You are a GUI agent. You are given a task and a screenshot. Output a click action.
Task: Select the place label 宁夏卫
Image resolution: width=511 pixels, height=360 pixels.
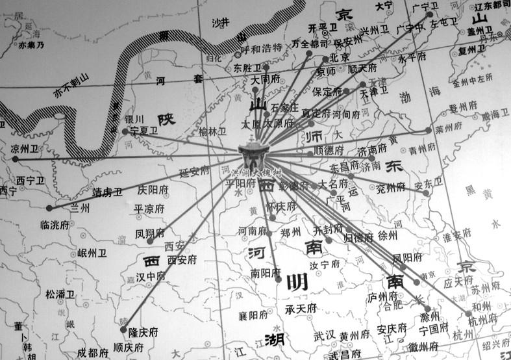click(144, 130)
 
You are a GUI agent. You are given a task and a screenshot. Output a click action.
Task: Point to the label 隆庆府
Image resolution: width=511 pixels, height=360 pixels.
click(143, 331)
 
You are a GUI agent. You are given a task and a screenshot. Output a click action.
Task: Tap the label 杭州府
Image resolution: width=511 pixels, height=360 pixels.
click(484, 319)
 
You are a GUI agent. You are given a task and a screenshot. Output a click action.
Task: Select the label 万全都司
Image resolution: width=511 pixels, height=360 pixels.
click(310, 44)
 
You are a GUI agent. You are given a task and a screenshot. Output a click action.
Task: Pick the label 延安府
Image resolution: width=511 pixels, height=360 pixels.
click(194, 172)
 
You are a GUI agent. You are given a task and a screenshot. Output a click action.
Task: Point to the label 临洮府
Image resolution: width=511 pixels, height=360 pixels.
click(55, 224)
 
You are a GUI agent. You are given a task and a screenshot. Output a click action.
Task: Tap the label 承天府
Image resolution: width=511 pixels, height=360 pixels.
click(302, 308)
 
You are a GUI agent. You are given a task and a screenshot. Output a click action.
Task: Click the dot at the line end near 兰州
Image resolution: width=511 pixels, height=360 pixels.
click(50, 208)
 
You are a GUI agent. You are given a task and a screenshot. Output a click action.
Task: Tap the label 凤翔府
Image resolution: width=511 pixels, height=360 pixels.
click(150, 233)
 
